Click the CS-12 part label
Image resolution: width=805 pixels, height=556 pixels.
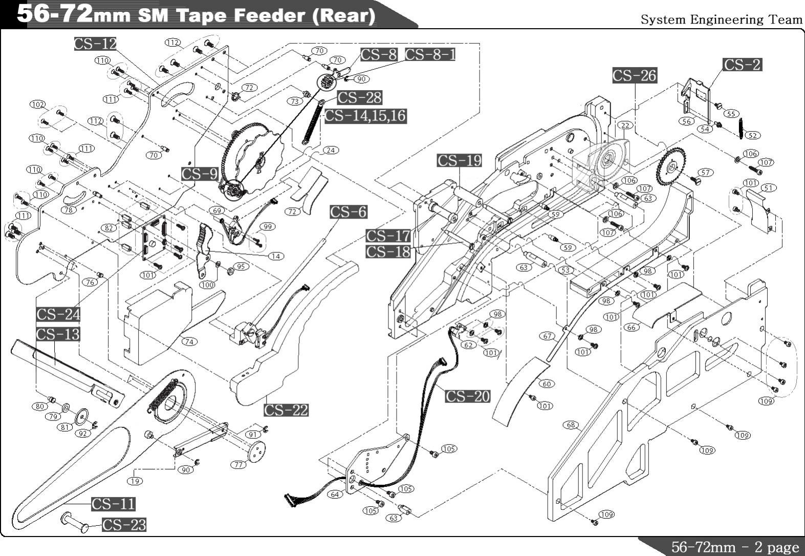(95, 44)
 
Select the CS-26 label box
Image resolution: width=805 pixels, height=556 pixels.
(634, 76)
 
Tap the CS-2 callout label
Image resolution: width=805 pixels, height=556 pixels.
(742, 65)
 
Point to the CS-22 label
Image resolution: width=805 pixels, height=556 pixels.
(286, 410)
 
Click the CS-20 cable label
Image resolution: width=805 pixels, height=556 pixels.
(467, 396)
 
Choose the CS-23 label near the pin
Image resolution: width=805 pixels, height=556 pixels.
(124, 525)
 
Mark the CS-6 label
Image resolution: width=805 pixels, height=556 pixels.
(348, 212)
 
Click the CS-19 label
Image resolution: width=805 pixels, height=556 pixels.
(459, 161)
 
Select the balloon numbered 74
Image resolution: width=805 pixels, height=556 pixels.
(189, 341)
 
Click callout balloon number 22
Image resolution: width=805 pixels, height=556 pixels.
(625, 125)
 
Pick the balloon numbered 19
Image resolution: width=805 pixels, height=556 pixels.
(135, 481)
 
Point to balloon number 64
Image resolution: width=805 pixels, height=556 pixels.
(335, 495)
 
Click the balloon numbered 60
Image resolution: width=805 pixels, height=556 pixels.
(547, 384)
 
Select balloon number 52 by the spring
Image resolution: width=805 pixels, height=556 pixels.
(752, 136)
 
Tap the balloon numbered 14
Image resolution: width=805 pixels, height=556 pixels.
(276, 256)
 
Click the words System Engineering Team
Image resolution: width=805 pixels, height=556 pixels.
(722, 20)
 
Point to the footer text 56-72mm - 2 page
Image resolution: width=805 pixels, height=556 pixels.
(734, 547)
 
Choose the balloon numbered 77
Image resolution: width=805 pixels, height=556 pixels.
(238, 465)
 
